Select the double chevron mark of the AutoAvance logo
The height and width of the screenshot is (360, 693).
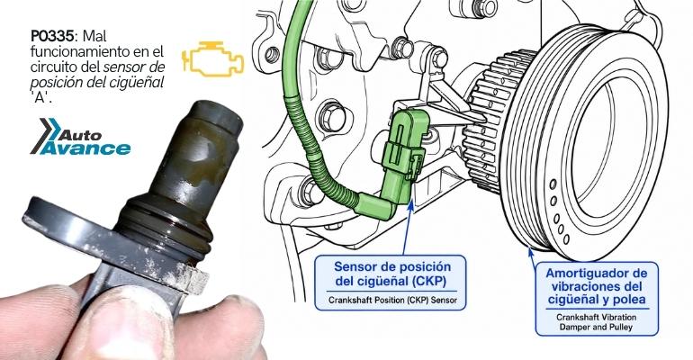(x=46, y=135)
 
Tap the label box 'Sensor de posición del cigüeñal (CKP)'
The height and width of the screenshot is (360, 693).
(x=391, y=283)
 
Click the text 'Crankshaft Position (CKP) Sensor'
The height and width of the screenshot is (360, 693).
(x=392, y=300)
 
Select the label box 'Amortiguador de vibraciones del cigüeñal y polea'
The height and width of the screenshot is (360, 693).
(x=597, y=299)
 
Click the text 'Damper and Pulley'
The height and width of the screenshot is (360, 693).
(x=596, y=328)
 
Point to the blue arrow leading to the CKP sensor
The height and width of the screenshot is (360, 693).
(x=407, y=227)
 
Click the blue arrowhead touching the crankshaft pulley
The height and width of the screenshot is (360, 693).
(x=530, y=251)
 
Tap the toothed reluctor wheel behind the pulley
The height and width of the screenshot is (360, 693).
(x=490, y=120)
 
